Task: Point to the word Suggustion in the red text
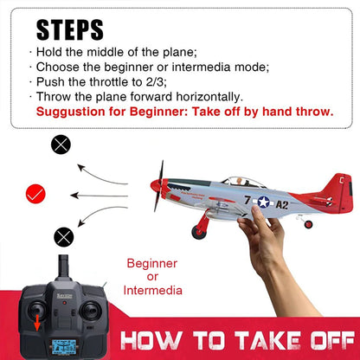(x=73, y=112)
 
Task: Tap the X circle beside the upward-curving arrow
(x=61, y=145)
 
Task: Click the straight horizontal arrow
(x=104, y=195)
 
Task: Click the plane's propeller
(x=158, y=185)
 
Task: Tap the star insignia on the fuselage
(x=263, y=202)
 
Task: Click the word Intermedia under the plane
(x=154, y=291)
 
